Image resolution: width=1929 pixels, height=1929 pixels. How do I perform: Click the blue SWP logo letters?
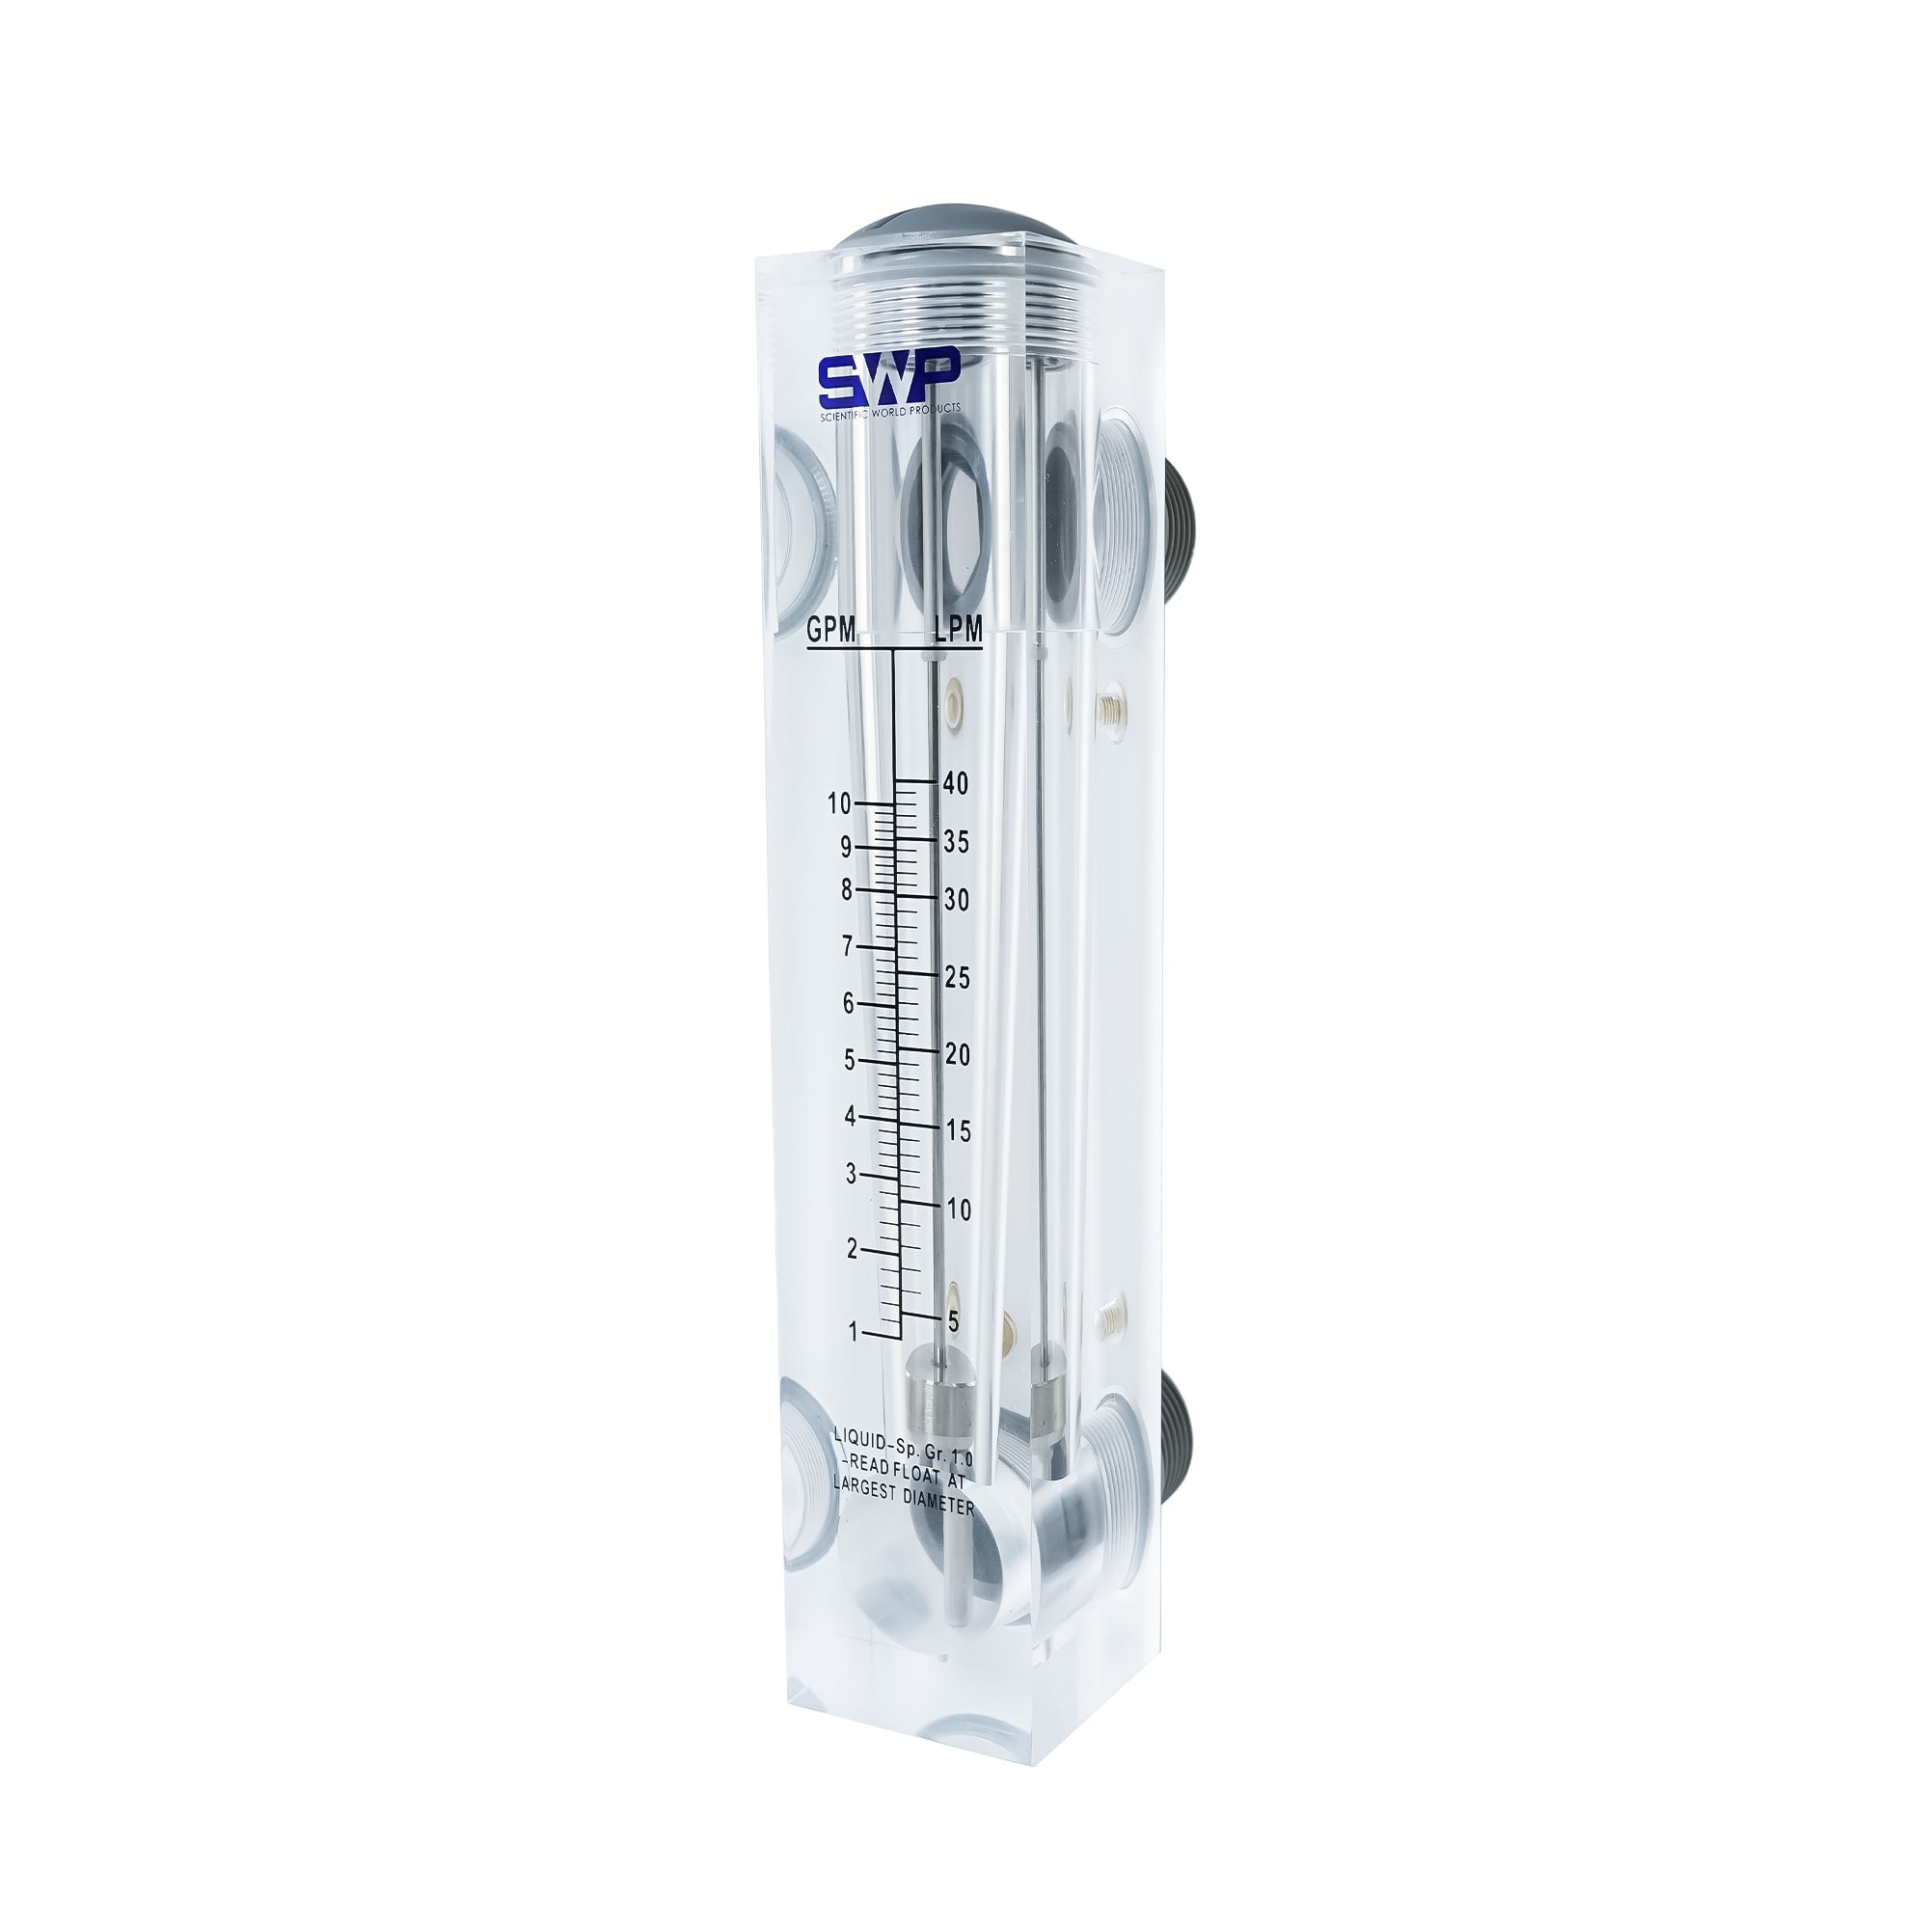(888, 377)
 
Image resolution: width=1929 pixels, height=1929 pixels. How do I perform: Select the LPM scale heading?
(958, 629)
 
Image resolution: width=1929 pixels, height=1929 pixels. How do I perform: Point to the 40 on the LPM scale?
(956, 784)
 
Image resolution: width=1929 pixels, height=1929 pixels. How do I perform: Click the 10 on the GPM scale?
(839, 802)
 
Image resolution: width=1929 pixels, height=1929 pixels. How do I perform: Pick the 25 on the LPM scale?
(957, 978)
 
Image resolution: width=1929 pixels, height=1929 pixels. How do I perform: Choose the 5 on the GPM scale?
(850, 1060)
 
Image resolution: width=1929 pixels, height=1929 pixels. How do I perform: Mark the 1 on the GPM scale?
(853, 1332)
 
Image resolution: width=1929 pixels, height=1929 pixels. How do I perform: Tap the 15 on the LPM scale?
(958, 1132)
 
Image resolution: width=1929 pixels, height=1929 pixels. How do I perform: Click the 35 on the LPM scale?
(957, 843)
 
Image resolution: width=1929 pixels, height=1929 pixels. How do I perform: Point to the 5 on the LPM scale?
(954, 1322)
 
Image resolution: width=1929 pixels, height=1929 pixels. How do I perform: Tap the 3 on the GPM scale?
(851, 1174)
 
